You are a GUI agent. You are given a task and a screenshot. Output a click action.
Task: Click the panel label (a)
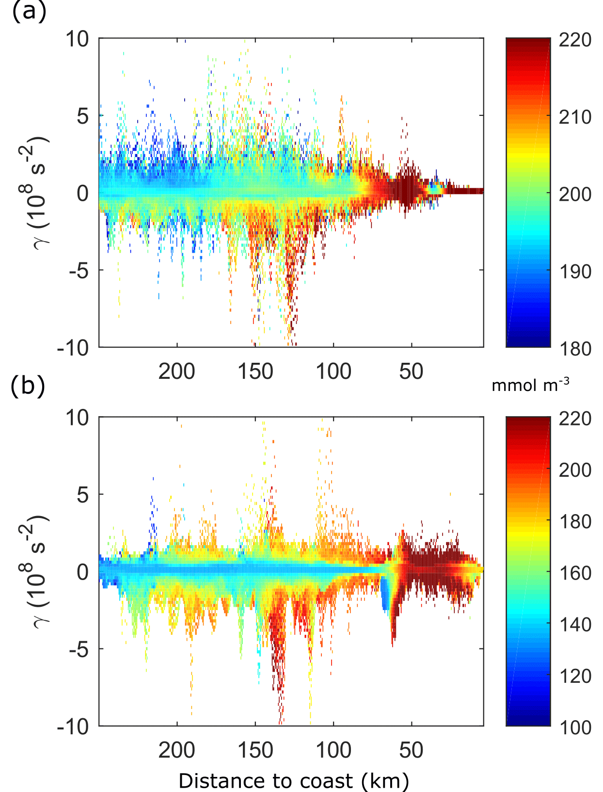(x=29, y=11)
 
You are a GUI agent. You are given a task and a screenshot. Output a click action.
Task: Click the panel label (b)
(x=28, y=386)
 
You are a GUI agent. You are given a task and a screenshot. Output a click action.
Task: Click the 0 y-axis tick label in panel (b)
(x=83, y=572)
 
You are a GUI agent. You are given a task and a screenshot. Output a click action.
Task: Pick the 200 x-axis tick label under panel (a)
(x=177, y=372)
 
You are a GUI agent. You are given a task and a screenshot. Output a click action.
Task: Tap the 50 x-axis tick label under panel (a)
(x=411, y=372)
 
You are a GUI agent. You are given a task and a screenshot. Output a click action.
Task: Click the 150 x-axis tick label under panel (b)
(x=255, y=750)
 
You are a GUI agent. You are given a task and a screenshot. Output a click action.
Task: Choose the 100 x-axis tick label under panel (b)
(x=333, y=750)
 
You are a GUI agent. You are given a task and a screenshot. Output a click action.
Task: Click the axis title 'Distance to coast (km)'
(x=294, y=781)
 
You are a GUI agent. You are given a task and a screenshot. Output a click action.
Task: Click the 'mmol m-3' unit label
(x=530, y=385)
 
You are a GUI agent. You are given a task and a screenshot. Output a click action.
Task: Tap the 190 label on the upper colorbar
(x=575, y=272)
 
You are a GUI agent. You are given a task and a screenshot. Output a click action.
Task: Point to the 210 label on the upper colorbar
(x=575, y=117)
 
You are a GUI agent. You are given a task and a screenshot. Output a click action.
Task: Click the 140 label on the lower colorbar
(x=575, y=624)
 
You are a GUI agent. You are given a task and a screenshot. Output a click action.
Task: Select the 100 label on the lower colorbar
(x=575, y=727)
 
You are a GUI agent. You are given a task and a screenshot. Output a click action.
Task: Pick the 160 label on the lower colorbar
(x=575, y=573)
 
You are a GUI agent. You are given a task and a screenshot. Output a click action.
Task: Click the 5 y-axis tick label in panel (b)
(x=83, y=495)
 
